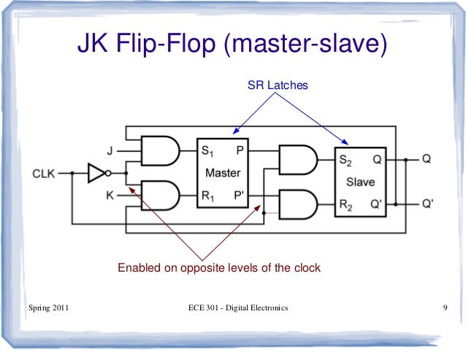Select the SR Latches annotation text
coord(278,86)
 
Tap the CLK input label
coord(45,174)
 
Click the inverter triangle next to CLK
coord(97,174)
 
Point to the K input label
coord(110,196)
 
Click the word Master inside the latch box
coord(223,174)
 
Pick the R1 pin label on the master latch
coord(208,196)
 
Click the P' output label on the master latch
coord(239,196)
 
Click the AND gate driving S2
coord(297,158)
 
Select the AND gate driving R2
coord(297,202)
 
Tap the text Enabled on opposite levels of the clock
coord(219,268)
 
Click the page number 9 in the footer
coord(445,308)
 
